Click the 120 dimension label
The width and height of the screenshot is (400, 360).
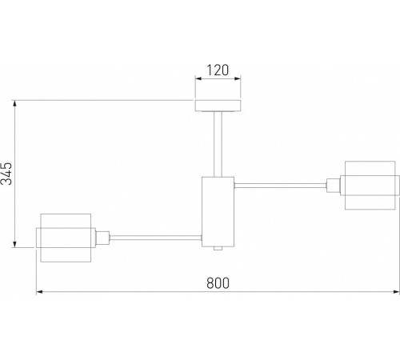218,70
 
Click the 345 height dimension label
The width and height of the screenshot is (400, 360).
6,174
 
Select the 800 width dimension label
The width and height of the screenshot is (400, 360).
218,283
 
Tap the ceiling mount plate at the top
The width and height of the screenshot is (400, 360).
218,106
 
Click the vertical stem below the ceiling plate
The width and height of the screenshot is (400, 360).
218,144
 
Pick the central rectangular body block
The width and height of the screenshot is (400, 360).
218,212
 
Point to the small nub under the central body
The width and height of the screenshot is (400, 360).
218,249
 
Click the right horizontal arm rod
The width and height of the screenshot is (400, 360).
280,186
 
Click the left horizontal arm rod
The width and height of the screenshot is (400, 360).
155,238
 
